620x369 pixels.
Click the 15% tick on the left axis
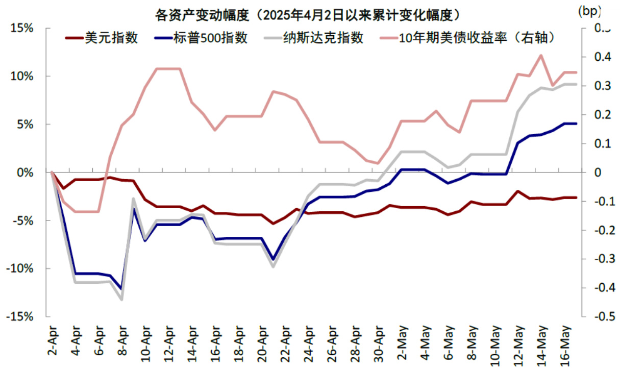(x=22, y=28)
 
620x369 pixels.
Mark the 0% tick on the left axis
(x=24, y=173)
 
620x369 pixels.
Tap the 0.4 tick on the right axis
(x=598, y=57)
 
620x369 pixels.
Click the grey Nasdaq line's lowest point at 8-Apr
(x=121, y=299)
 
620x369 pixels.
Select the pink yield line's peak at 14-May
(x=541, y=55)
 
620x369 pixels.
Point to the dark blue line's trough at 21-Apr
(x=273, y=259)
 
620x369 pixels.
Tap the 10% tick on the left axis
(x=22, y=77)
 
